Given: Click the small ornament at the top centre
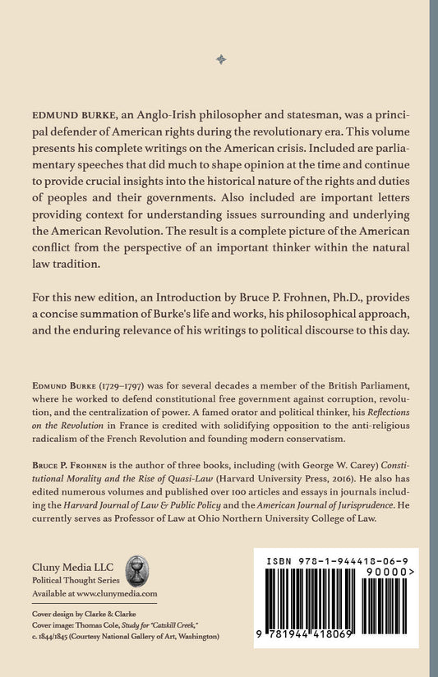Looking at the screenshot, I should coord(219,59).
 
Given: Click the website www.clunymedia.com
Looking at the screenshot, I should coord(121,592).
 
